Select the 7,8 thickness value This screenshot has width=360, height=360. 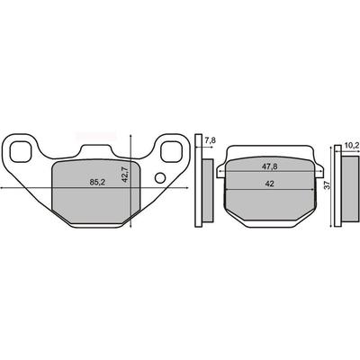[x=211, y=140]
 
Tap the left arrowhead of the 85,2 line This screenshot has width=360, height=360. [x=3, y=188]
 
